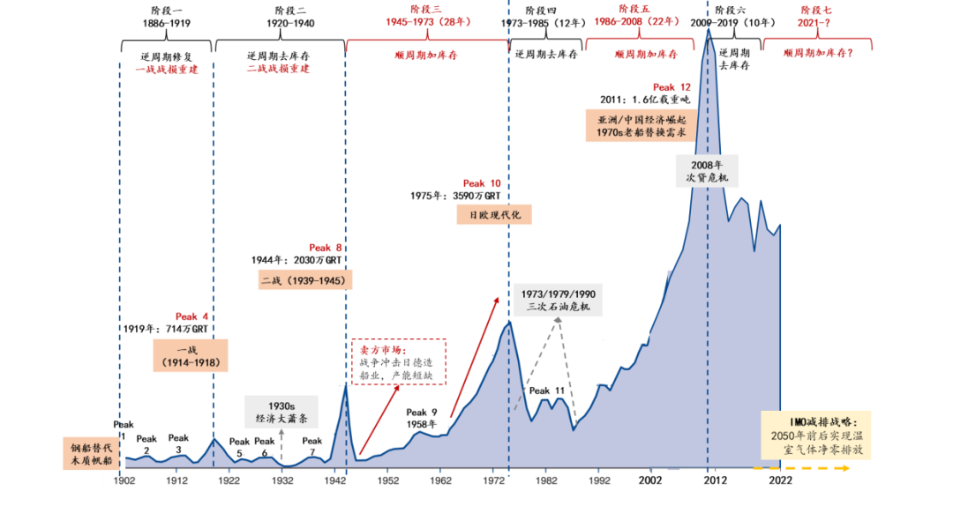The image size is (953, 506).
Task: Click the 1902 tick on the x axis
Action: tap(124, 480)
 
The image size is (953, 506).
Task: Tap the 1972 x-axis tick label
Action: tap(494, 480)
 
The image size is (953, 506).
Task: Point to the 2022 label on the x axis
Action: tap(780, 480)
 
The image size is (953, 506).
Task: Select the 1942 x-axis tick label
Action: tap(335, 480)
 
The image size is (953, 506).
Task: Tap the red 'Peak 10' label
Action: tap(482, 183)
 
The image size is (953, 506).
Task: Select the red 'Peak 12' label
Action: tap(672, 87)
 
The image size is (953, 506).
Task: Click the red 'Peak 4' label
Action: tap(191, 316)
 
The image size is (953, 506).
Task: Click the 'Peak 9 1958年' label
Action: tap(422, 418)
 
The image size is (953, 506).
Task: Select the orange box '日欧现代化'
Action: tap(494, 215)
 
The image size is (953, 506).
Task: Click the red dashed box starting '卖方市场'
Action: tap(399, 362)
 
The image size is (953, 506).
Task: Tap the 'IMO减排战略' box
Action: tap(816, 435)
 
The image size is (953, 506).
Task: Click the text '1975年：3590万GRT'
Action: tap(455, 197)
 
